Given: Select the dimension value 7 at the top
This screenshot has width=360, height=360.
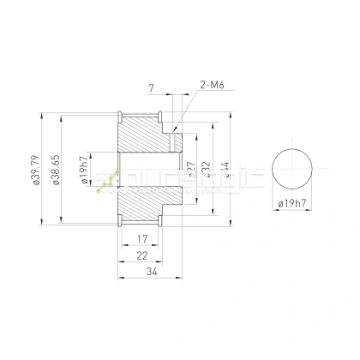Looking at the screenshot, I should tap(150, 88).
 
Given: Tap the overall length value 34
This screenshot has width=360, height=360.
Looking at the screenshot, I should tap(151, 273).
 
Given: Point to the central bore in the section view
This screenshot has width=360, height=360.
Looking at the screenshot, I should tap(146, 170).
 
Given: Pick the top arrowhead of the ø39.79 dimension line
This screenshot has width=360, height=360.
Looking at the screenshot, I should tap(42, 113).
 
